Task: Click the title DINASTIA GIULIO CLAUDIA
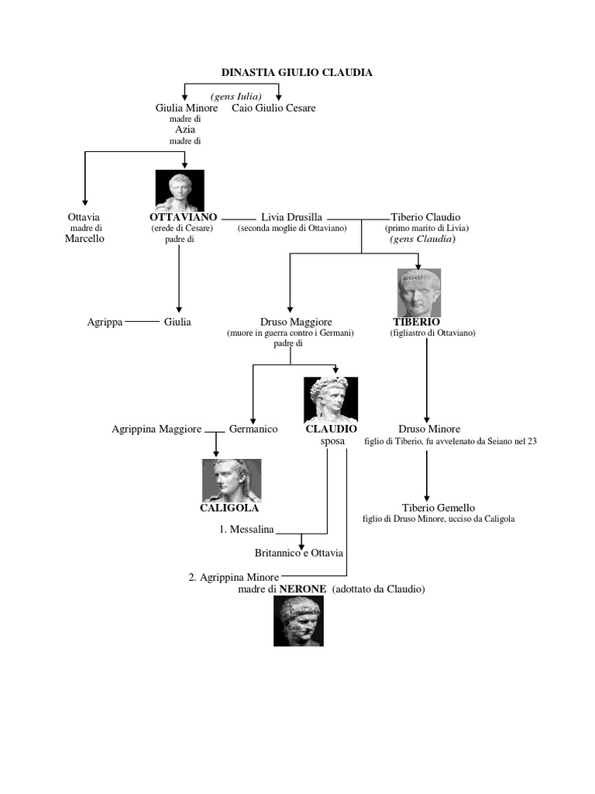point(297,72)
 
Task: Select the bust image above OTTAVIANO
point(180,190)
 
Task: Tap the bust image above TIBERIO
point(419,292)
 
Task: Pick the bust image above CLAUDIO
point(331,399)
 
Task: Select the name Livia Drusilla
point(292,217)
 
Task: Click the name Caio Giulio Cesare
point(273,108)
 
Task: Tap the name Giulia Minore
point(187,108)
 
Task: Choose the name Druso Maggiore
point(290,321)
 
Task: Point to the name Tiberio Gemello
point(438,508)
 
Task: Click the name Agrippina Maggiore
point(156,429)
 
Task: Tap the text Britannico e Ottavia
point(299,553)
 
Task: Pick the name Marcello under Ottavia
point(84,239)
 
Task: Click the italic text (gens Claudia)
point(423,240)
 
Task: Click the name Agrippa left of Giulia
point(105,321)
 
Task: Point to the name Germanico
point(253,429)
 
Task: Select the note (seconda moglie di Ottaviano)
point(292,229)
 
